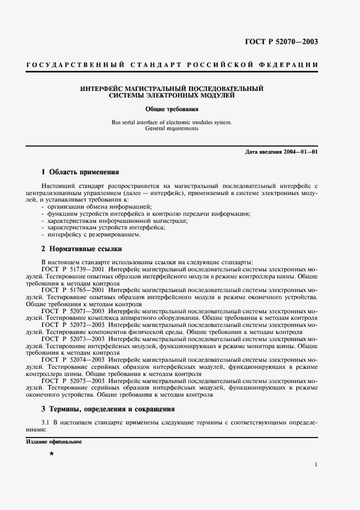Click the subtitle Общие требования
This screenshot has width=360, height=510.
pyautogui.click(x=172, y=109)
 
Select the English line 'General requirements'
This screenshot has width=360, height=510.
pyautogui.click(x=172, y=129)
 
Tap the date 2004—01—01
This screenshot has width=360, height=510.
pyautogui.click(x=299, y=151)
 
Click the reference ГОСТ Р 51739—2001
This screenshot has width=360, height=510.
pyautogui.click(x=72, y=269)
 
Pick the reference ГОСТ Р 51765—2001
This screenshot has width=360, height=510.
pyautogui.click(x=72, y=290)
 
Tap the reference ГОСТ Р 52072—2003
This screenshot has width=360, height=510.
pyautogui.click(x=72, y=325)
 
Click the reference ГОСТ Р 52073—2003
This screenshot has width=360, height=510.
pyautogui.click(x=72, y=339)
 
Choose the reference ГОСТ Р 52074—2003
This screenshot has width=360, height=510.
pyautogui.click(x=72, y=360)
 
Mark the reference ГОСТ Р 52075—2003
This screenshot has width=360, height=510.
pyautogui.click(x=72, y=381)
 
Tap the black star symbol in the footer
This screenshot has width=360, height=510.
pyautogui.click(x=52, y=453)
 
